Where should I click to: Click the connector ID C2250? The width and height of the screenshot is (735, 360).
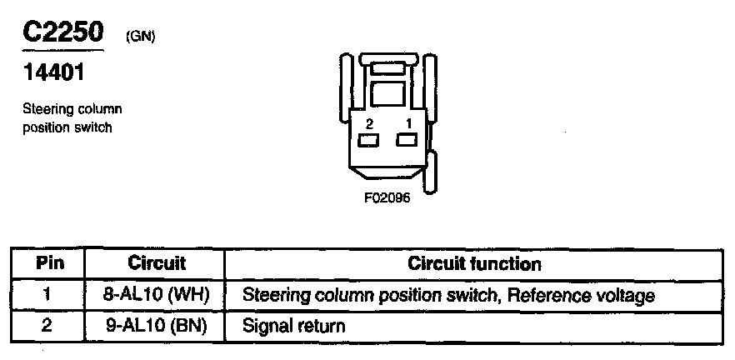click(x=62, y=32)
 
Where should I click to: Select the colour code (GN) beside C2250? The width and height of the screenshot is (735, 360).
click(x=140, y=37)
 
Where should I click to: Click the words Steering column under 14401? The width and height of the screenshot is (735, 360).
click(x=72, y=109)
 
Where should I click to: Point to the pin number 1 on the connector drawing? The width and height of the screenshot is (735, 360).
click(x=407, y=122)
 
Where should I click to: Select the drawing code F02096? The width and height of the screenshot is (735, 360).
click(x=387, y=199)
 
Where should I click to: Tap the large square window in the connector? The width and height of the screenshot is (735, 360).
click(x=386, y=92)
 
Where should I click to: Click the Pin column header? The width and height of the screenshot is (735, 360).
click(x=47, y=264)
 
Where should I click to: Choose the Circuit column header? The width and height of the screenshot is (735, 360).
click(x=157, y=264)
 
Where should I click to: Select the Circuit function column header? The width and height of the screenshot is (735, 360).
click(x=474, y=264)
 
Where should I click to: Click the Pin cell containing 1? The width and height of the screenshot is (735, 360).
click(x=47, y=295)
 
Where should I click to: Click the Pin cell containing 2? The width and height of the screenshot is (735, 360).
click(x=47, y=324)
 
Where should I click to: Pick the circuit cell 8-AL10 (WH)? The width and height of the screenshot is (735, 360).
click(x=156, y=295)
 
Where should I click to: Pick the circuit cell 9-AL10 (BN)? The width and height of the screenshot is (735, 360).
click(x=156, y=324)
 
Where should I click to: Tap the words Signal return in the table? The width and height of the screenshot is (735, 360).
click(x=293, y=324)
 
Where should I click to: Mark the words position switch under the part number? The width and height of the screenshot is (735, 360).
click(x=67, y=127)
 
